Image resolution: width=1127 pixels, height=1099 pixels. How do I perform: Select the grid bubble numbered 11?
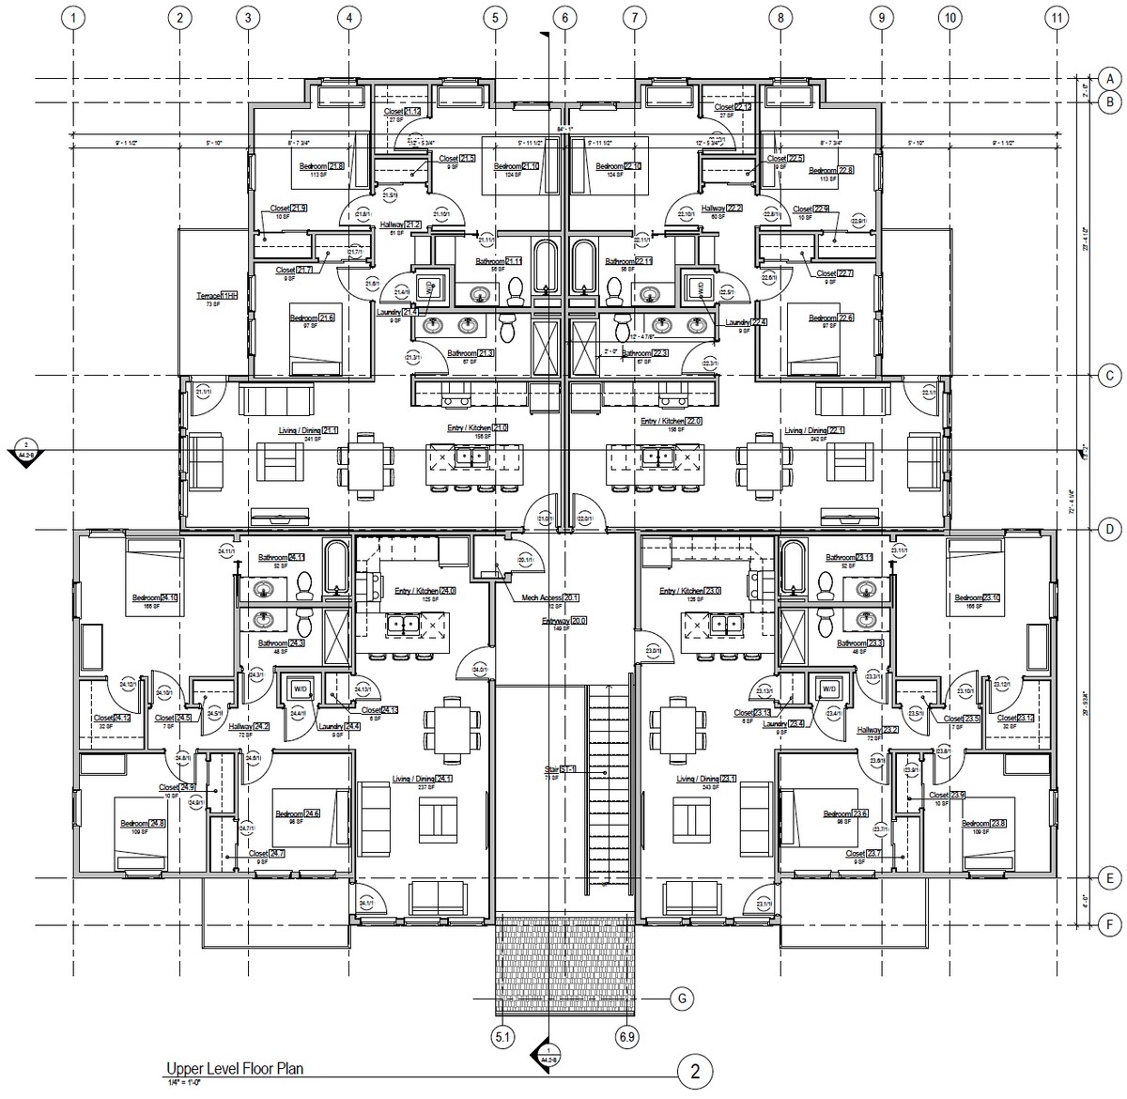point(1058,17)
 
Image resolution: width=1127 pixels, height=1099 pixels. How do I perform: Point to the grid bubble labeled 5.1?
point(502,1037)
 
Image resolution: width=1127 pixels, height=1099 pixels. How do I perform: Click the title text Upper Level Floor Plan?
point(235,1068)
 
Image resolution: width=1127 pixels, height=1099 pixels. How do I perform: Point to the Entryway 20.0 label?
point(563,621)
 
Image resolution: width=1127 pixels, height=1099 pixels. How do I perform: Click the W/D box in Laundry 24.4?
point(301,689)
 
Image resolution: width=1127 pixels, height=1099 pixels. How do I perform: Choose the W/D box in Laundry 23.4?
point(828,689)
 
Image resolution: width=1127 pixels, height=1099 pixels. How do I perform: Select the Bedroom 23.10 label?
point(978,597)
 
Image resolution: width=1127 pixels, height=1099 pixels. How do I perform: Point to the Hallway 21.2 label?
point(400,224)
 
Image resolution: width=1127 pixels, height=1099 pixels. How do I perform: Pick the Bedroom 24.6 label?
point(297,813)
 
